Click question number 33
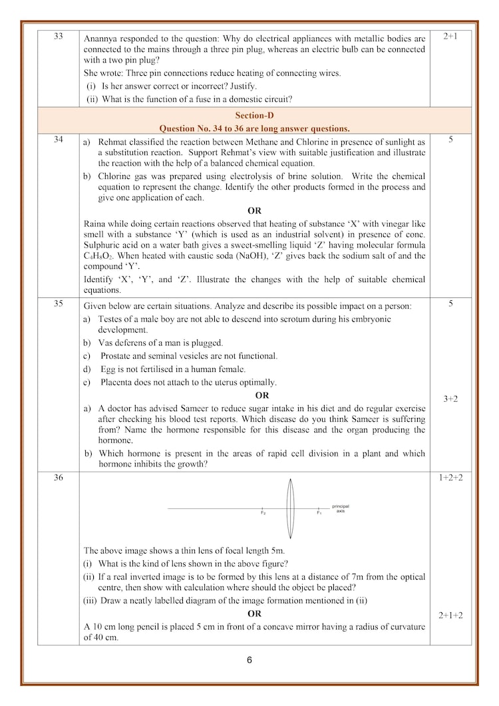(58, 36)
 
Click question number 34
(58, 140)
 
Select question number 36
(58, 476)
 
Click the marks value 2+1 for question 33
(450, 36)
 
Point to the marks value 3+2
(450, 399)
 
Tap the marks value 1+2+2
(450, 477)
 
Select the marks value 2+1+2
(450, 616)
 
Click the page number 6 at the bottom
(249, 661)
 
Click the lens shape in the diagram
(290, 509)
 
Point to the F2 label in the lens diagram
(263, 514)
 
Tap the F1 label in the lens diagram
(319, 514)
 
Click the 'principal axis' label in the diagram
(340, 508)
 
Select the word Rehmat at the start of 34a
(113, 142)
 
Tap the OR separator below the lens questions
(254, 614)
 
